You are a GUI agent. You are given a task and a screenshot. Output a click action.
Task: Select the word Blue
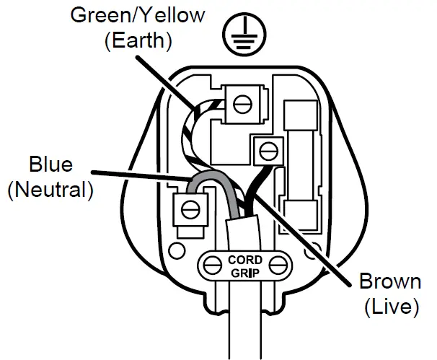pyautogui.click(x=50, y=164)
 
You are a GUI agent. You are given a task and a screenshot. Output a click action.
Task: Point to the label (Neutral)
pyautogui.click(x=50, y=190)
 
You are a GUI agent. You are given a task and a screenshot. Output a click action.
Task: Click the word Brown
pyautogui.click(x=390, y=281)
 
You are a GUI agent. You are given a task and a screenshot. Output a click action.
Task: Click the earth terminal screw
pyautogui.click(x=243, y=104)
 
